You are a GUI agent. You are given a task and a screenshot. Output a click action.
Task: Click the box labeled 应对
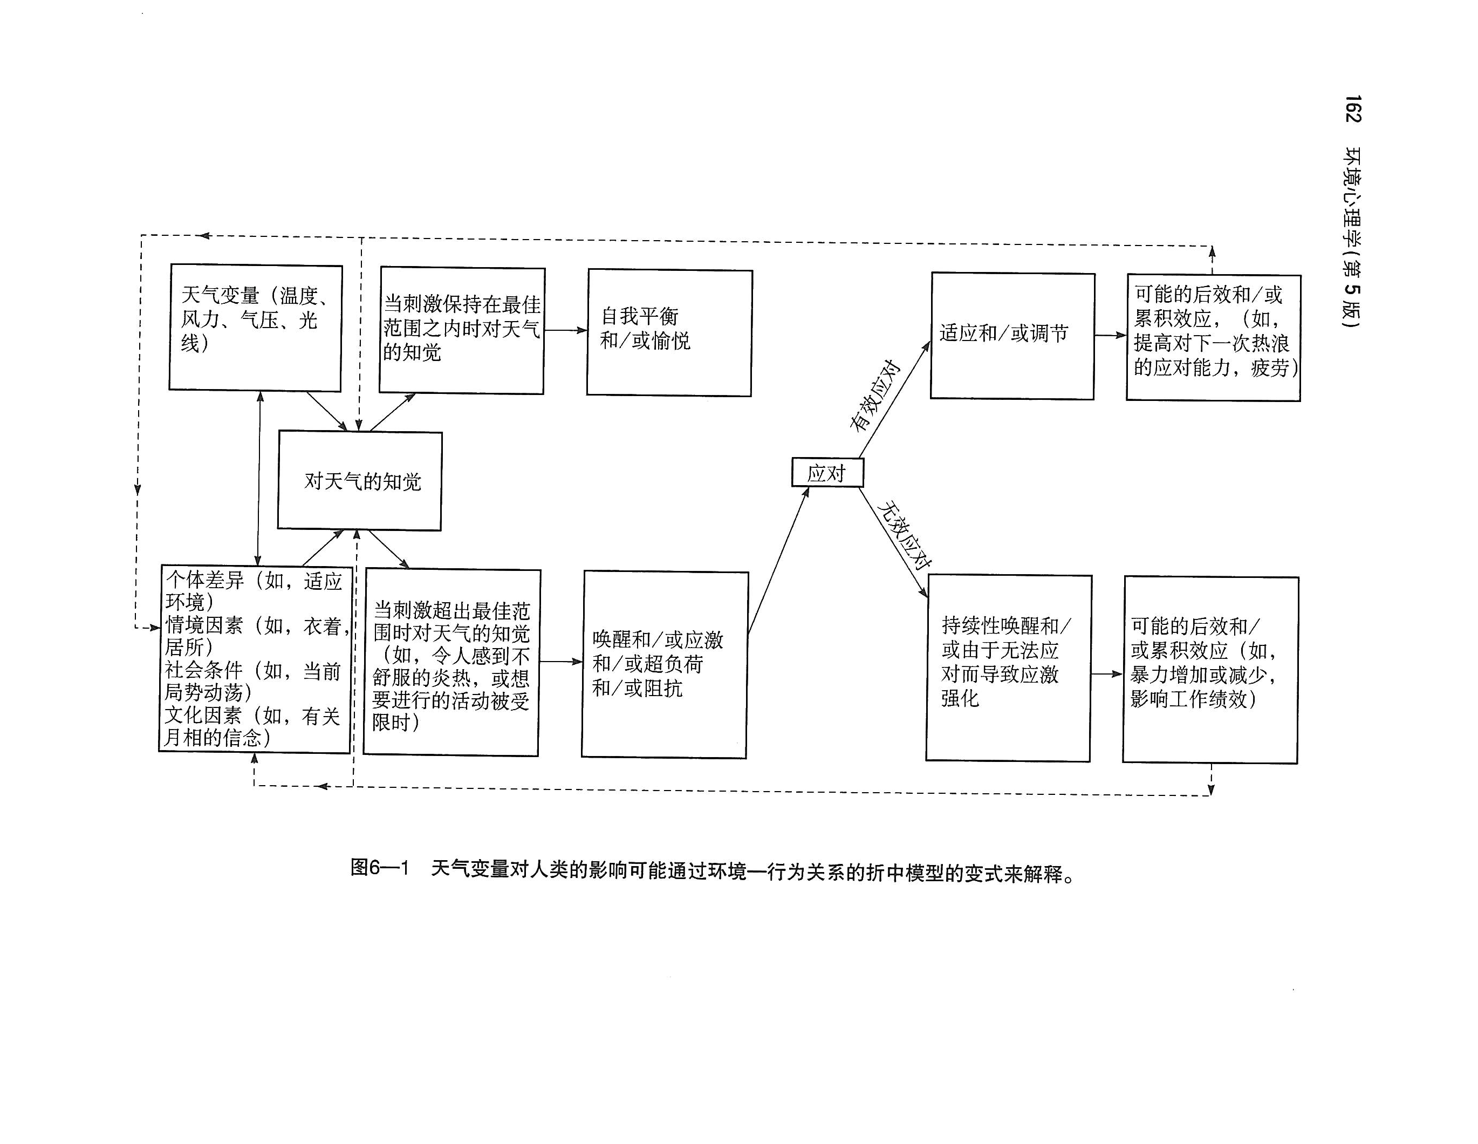click(827, 473)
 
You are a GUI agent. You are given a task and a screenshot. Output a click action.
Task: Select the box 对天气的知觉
click(360, 481)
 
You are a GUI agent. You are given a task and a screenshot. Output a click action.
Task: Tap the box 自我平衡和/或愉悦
click(669, 332)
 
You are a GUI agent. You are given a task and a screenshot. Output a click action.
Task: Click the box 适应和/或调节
click(1012, 336)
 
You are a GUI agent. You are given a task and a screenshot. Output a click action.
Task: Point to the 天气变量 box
click(255, 328)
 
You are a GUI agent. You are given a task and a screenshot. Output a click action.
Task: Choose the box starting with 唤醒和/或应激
click(665, 664)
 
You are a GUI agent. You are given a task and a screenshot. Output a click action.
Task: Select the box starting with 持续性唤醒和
click(1008, 668)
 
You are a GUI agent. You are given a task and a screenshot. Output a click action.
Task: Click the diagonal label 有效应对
click(875, 396)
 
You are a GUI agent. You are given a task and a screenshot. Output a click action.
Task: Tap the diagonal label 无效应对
click(904, 535)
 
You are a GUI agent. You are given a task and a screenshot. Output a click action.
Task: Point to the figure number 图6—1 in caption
click(380, 867)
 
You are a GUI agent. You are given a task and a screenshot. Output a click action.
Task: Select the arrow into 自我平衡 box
click(566, 330)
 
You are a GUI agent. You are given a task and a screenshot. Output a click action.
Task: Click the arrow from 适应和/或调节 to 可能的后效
click(1110, 335)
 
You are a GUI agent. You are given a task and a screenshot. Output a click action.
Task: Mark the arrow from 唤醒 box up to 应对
click(778, 561)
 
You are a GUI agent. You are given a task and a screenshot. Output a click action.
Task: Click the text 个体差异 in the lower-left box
click(204, 580)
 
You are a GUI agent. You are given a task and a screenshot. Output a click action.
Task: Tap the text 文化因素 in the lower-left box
click(203, 716)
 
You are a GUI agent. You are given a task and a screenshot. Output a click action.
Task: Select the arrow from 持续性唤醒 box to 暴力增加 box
click(1106, 673)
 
